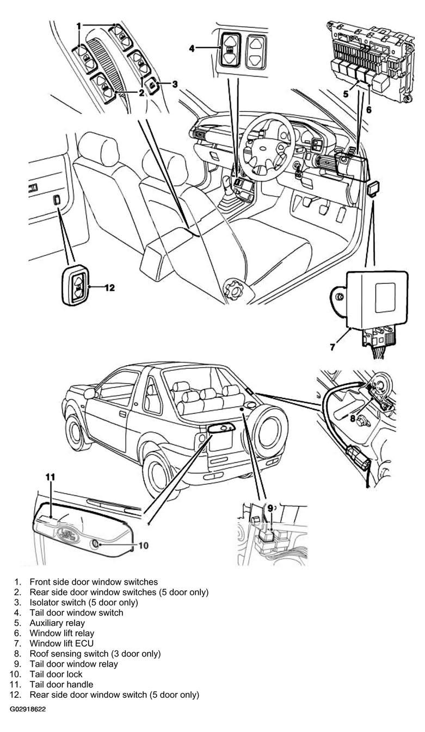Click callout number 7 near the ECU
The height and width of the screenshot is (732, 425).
click(332, 347)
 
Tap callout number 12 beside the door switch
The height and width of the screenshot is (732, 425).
click(109, 287)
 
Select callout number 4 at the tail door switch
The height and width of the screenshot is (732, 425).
click(192, 48)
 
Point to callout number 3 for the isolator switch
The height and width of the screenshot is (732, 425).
click(175, 84)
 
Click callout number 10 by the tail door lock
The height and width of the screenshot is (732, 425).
click(143, 546)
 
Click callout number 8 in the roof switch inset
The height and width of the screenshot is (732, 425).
click(353, 418)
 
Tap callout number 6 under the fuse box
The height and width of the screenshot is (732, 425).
click(369, 110)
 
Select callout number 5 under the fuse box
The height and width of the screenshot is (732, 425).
click(346, 94)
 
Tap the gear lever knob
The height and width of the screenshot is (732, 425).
click(226, 182)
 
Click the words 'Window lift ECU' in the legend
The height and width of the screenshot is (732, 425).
click(61, 643)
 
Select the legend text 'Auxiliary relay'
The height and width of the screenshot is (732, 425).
click(57, 623)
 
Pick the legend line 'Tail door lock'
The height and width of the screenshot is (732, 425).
click(56, 674)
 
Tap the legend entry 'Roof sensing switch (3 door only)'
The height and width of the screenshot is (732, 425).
click(95, 654)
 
